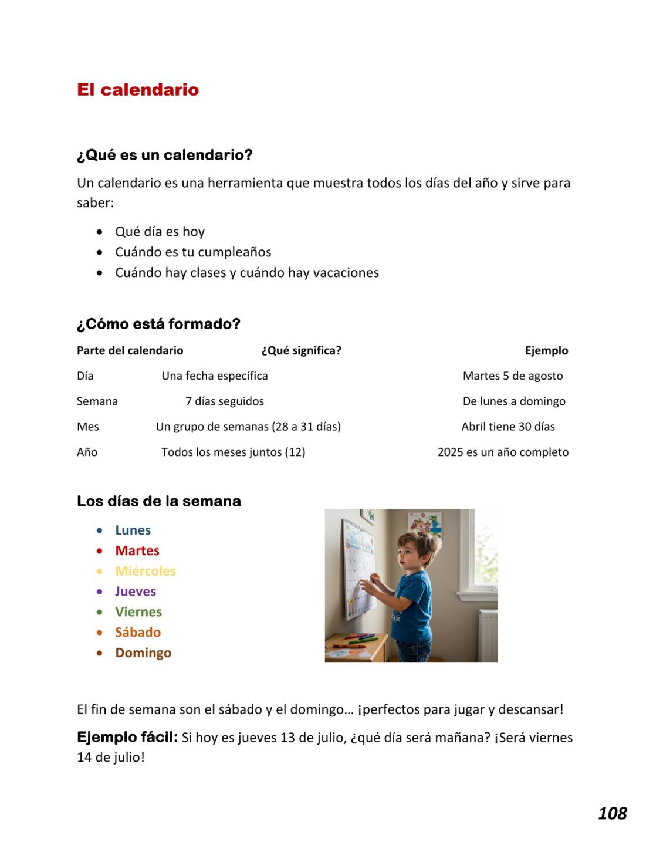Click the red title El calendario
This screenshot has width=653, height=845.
(138, 90)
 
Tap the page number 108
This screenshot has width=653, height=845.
(612, 813)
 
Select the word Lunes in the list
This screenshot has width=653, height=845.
(133, 530)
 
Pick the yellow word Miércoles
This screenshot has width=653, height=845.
(146, 571)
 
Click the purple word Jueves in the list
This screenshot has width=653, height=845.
(136, 591)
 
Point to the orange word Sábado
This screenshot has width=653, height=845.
(138, 633)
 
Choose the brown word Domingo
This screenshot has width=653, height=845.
(143, 653)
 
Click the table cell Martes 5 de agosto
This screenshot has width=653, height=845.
(513, 376)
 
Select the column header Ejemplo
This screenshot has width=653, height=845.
(546, 351)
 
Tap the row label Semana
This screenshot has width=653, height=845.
(97, 401)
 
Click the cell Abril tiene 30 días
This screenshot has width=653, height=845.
(508, 427)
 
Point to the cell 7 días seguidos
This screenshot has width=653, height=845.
(225, 401)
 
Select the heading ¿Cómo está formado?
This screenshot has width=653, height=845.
(158, 324)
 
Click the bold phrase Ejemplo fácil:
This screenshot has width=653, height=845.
(127, 737)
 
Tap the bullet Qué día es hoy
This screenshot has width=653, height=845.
(160, 232)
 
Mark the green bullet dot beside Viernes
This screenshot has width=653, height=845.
(100, 612)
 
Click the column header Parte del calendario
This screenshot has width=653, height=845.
(130, 351)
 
